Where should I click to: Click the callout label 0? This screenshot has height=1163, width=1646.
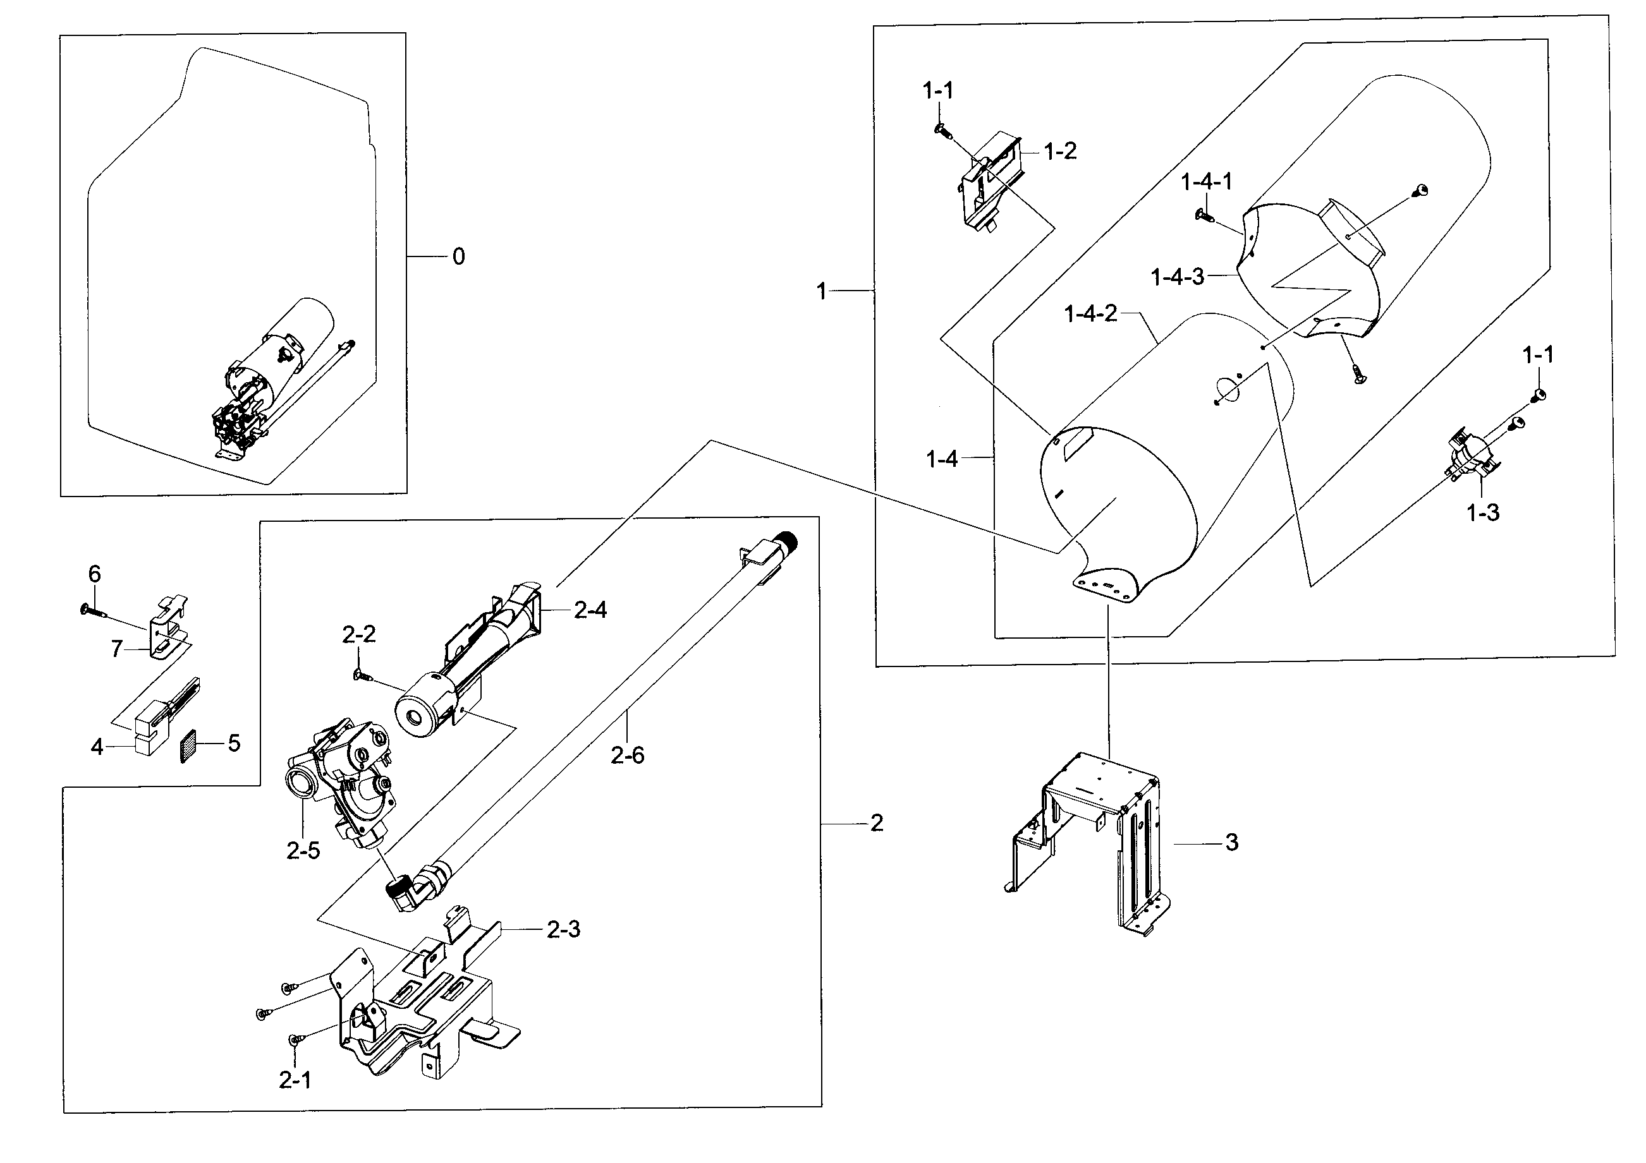[459, 256]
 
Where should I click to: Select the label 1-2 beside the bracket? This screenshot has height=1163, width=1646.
[1059, 151]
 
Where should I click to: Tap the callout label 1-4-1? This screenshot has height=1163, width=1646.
[1207, 182]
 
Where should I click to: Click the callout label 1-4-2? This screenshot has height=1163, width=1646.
[1090, 313]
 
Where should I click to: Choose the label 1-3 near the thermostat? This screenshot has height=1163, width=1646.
[1482, 512]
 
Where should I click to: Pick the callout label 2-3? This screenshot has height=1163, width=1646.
[563, 929]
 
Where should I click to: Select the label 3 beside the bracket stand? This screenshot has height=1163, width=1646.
[1231, 842]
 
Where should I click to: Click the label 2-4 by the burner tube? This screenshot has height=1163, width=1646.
[590, 610]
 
